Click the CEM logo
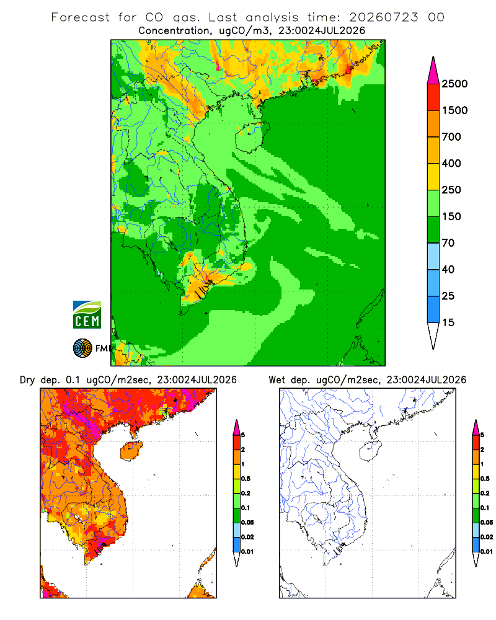click(87, 314)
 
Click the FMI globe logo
click(82, 348)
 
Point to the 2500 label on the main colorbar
click(454, 84)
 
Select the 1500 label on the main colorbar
click(454, 110)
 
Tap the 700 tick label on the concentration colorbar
click(451, 137)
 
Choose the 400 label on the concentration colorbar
click(451, 163)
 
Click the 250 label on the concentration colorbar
click(451, 190)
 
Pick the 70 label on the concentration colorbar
click(448, 243)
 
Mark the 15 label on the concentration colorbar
click(448, 322)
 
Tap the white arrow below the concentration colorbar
click(433, 335)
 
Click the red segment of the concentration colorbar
click(433, 97)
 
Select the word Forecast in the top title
click(81, 17)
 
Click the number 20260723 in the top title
click(383, 17)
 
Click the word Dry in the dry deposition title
click(28, 380)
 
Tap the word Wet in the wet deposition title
click(277, 380)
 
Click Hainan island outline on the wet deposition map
click(360, 451)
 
